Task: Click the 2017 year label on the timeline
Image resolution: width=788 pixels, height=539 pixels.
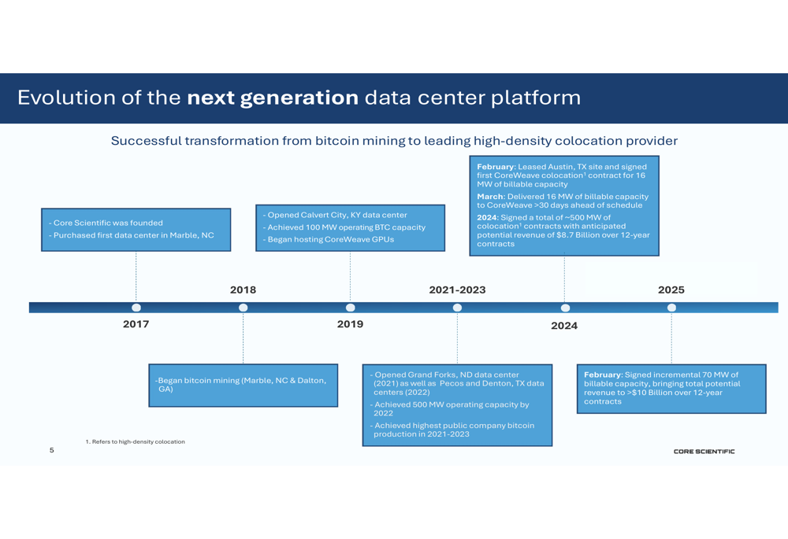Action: click(136, 324)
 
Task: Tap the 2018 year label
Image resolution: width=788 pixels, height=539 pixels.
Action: click(243, 290)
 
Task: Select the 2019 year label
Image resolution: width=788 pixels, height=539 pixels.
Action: click(351, 324)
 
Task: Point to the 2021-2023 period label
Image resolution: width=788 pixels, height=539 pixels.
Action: click(457, 290)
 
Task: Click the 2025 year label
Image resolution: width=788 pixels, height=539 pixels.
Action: click(671, 290)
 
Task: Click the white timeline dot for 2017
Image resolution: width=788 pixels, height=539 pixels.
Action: click(136, 308)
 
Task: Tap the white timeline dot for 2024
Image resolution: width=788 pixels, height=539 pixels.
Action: click(565, 308)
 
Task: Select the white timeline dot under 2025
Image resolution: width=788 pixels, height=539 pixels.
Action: click(671, 308)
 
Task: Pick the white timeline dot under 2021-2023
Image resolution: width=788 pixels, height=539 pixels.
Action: click(457, 308)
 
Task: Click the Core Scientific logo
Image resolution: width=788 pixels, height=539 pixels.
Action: click(704, 452)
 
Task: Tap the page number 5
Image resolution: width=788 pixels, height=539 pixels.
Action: click(52, 450)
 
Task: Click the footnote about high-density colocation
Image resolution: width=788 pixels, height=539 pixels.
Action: click(136, 441)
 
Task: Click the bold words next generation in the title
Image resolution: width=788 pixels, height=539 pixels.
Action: click(273, 98)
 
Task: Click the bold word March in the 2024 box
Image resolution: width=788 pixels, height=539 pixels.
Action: click(490, 196)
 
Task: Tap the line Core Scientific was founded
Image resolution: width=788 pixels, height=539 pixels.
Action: click(106, 223)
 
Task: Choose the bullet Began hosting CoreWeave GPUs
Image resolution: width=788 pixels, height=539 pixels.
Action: click(329, 239)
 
